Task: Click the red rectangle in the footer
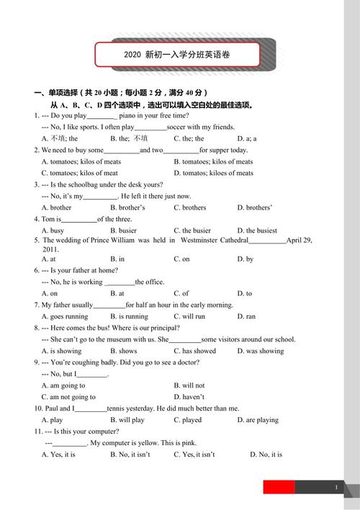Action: [279, 488]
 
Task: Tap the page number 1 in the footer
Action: [336, 488]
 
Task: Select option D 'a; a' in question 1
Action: [247, 138]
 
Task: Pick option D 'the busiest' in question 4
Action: [257, 231]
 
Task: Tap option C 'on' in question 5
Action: [181, 259]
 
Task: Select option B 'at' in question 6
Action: [117, 293]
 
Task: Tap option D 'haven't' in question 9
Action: [189, 397]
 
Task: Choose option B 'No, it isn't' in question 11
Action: [130, 455]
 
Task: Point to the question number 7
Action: [36, 305]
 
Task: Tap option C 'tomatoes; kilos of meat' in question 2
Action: [79, 173]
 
